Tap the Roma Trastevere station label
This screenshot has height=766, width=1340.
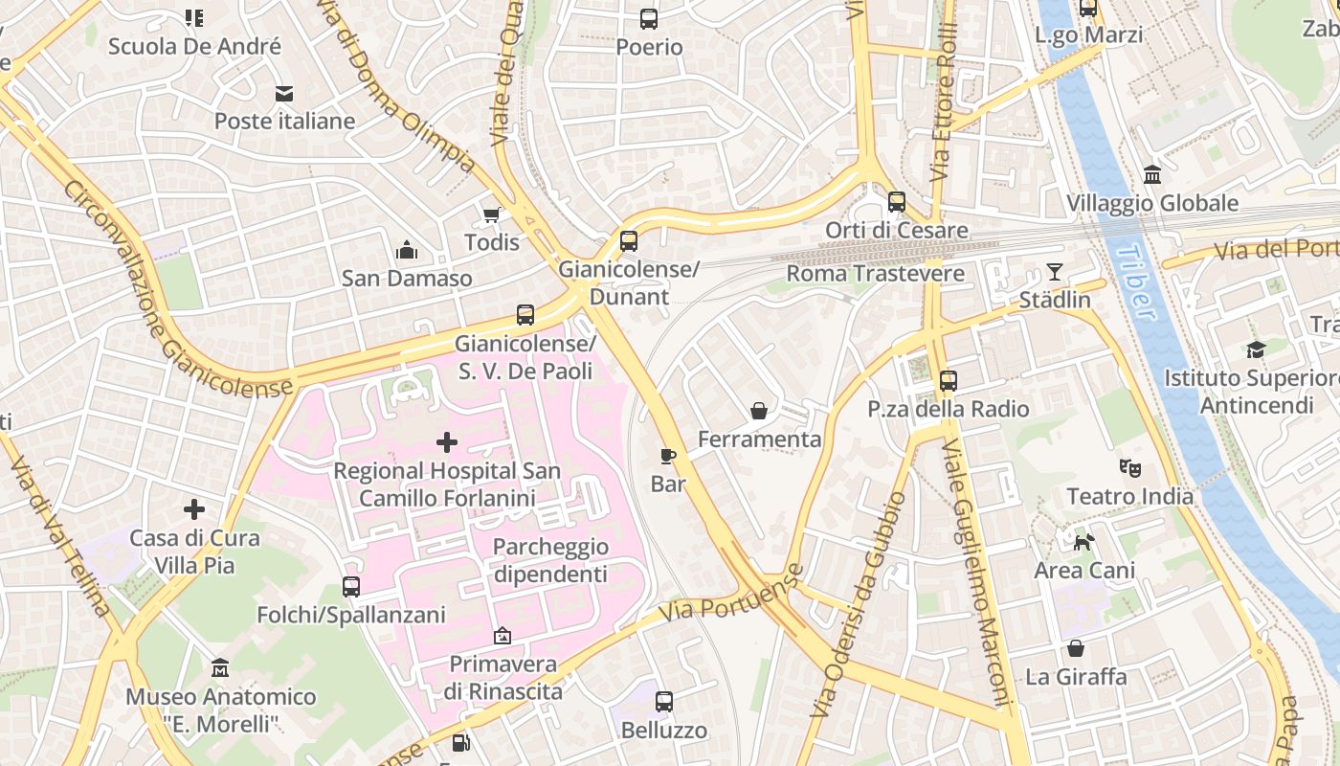(876, 274)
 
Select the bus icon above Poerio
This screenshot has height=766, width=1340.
(649, 18)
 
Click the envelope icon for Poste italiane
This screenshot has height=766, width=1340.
(284, 93)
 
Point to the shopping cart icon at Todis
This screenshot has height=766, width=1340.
(492, 214)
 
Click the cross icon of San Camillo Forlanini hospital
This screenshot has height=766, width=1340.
(447, 442)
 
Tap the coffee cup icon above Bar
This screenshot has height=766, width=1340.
(668, 456)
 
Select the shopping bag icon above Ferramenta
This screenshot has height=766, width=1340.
(759, 411)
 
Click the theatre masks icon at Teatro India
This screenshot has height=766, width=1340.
(1130, 468)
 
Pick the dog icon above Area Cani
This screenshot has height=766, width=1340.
(1083, 543)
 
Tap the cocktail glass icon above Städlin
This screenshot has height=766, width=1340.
(1054, 272)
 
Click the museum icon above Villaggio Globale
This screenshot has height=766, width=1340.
(1152, 176)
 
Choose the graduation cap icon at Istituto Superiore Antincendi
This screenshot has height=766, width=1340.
(1256, 350)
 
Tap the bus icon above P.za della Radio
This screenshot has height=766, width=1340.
(949, 381)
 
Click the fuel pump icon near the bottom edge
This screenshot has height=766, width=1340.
(461, 742)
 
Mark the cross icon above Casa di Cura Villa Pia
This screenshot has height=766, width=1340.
(194, 509)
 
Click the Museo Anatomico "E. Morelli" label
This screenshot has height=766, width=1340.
(220, 709)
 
